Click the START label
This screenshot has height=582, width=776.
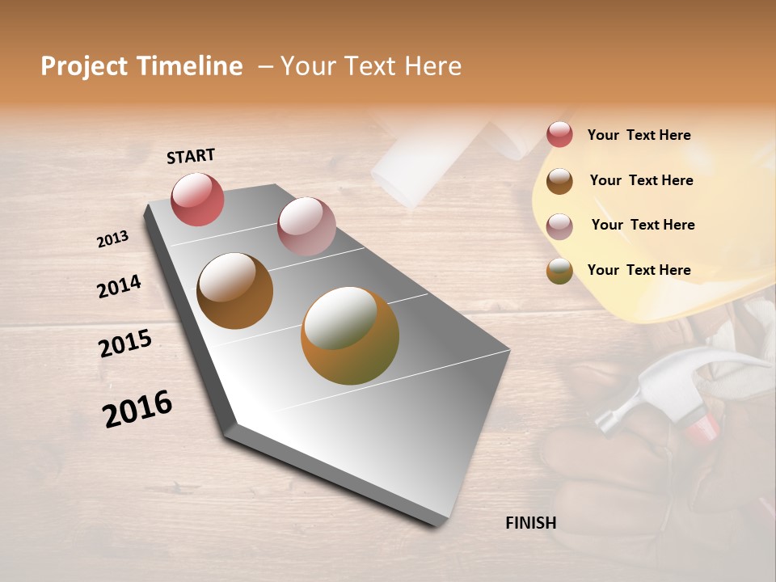pos(191,156)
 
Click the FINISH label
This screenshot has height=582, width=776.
pos(530,523)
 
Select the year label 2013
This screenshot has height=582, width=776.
pos(112,239)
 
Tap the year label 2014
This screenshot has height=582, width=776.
pos(119,286)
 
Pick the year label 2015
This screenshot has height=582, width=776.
pos(125,344)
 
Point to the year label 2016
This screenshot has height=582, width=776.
pos(137,408)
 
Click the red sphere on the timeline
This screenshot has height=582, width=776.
pos(197,199)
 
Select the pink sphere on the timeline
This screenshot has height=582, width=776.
pos(306,226)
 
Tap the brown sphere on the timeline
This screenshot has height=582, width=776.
pos(234,290)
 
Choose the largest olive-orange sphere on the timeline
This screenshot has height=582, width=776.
pos(349,335)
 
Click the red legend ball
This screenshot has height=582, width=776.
pos(559,134)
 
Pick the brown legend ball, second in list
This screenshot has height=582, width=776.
pos(559,181)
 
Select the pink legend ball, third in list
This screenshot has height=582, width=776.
pos(559,226)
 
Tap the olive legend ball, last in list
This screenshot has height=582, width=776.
pos(559,271)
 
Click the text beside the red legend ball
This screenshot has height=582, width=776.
pos(639,135)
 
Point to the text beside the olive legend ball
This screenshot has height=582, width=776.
pos(639,270)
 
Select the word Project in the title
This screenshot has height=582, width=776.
pos(83,66)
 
